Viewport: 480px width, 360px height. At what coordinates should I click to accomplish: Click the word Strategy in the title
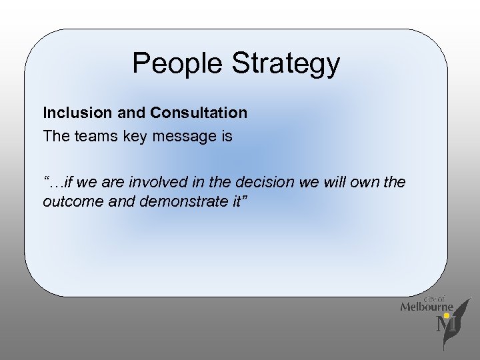(x=286, y=64)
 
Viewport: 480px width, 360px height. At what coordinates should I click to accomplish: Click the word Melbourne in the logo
(x=427, y=307)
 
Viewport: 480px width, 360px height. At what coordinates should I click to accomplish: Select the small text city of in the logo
(x=434, y=298)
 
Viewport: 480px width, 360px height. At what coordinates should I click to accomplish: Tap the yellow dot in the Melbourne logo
(x=446, y=315)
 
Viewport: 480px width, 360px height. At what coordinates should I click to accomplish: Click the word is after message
(x=227, y=137)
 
